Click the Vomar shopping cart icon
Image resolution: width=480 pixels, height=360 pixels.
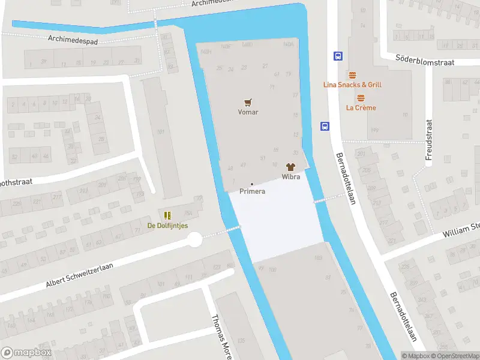tap(248, 103)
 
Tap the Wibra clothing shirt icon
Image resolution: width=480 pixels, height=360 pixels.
tap(291, 167)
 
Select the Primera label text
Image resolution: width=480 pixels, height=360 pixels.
tap(252, 191)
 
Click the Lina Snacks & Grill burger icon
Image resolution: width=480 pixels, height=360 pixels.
tap(352, 76)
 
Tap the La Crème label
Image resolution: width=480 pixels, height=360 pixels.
tap(361, 108)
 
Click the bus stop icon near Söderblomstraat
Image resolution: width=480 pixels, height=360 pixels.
tap(338, 56)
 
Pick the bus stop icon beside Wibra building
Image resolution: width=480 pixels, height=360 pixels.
tap(325, 126)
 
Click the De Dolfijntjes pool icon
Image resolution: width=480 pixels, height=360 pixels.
tap(167, 215)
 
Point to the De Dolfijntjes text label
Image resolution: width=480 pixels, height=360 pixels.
tap(167, 226)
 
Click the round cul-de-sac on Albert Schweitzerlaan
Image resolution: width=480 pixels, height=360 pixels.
tap(194, 240)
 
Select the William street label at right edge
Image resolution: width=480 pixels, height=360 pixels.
tap(461, 230)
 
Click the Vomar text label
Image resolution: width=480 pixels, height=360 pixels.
tap(248, 112)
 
